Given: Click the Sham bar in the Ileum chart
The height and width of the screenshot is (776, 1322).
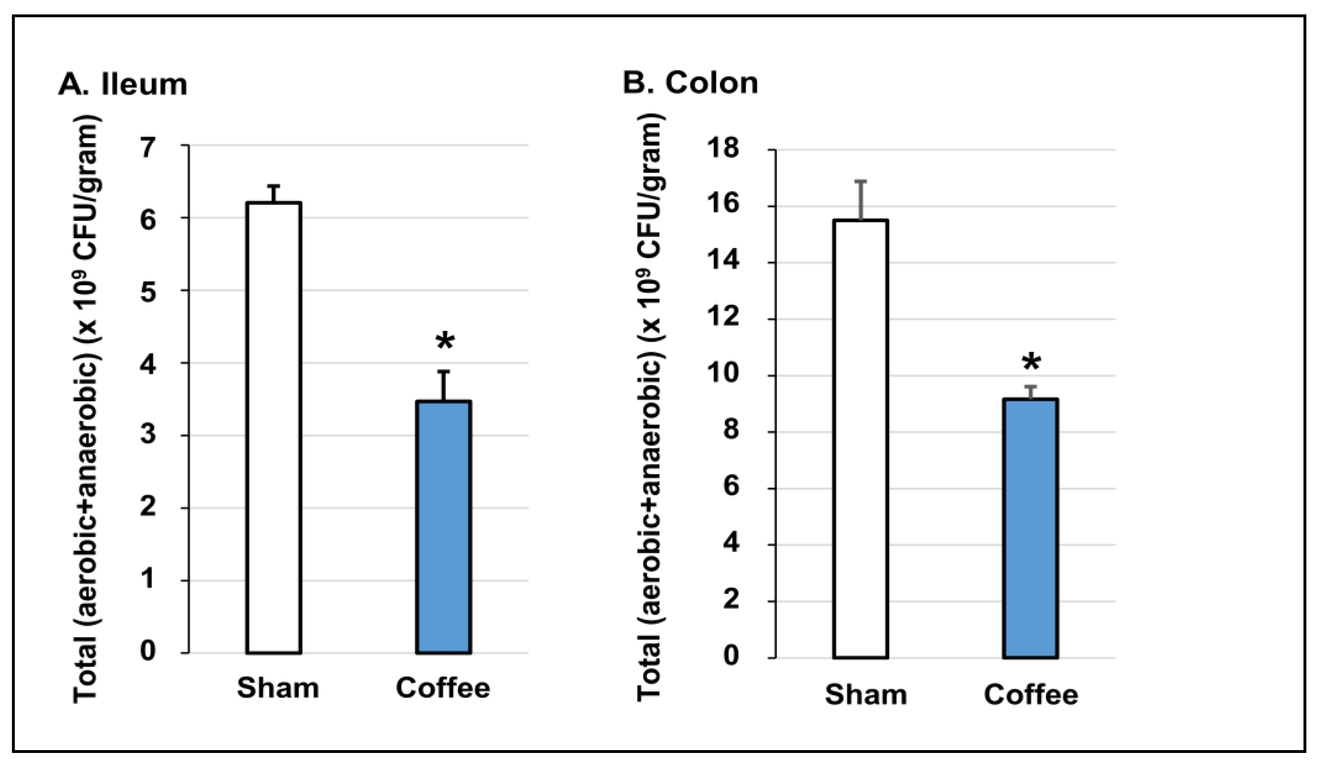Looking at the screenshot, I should pos(274,427).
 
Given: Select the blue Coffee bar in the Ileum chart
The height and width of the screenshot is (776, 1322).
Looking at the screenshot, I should pos(444,527).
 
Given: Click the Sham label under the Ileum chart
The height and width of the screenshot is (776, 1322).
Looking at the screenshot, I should pos(278,688).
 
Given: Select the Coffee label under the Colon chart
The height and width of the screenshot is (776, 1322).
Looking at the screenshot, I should pos(1031,695).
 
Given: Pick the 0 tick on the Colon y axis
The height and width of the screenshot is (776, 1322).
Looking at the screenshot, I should pos(731,657).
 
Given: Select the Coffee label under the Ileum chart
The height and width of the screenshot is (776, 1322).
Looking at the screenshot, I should pos(443,688).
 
